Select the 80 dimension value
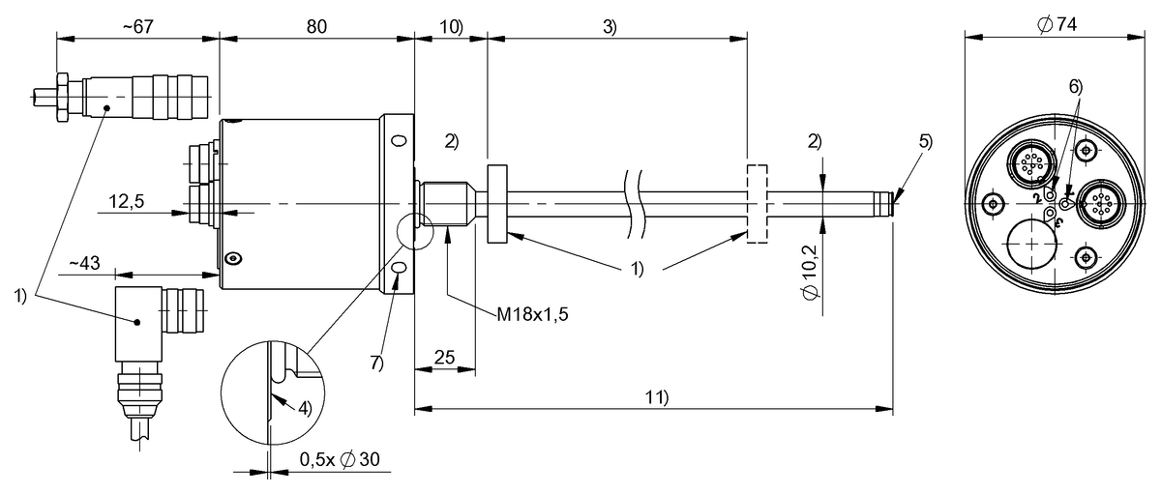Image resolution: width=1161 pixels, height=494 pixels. click(316, 26)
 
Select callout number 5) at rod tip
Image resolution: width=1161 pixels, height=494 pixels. click(926, 140)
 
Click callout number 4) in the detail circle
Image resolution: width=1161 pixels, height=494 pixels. click(304, 407)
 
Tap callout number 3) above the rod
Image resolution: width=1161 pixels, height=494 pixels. click(610, 26)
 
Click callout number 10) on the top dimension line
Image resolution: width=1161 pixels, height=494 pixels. click(450, 26)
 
